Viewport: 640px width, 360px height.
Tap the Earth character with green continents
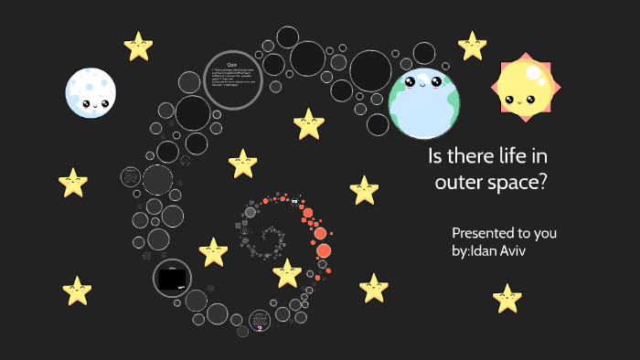coord(423,102)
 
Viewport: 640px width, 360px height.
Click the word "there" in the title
coord(480,156)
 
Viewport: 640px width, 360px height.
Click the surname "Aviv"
coord(536,249)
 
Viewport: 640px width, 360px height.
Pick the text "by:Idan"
coord(484,249)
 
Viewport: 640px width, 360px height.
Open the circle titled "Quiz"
coord(232,80)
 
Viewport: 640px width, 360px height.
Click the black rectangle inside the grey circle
coord(172,279)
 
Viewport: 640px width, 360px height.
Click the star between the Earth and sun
coord(472,45)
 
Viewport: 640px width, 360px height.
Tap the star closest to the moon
coord(138,46)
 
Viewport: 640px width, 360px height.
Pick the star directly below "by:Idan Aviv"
coord(507,297)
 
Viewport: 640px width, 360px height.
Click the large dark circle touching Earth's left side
coord(370,70)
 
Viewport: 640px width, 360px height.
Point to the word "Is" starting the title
coord(436,156)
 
